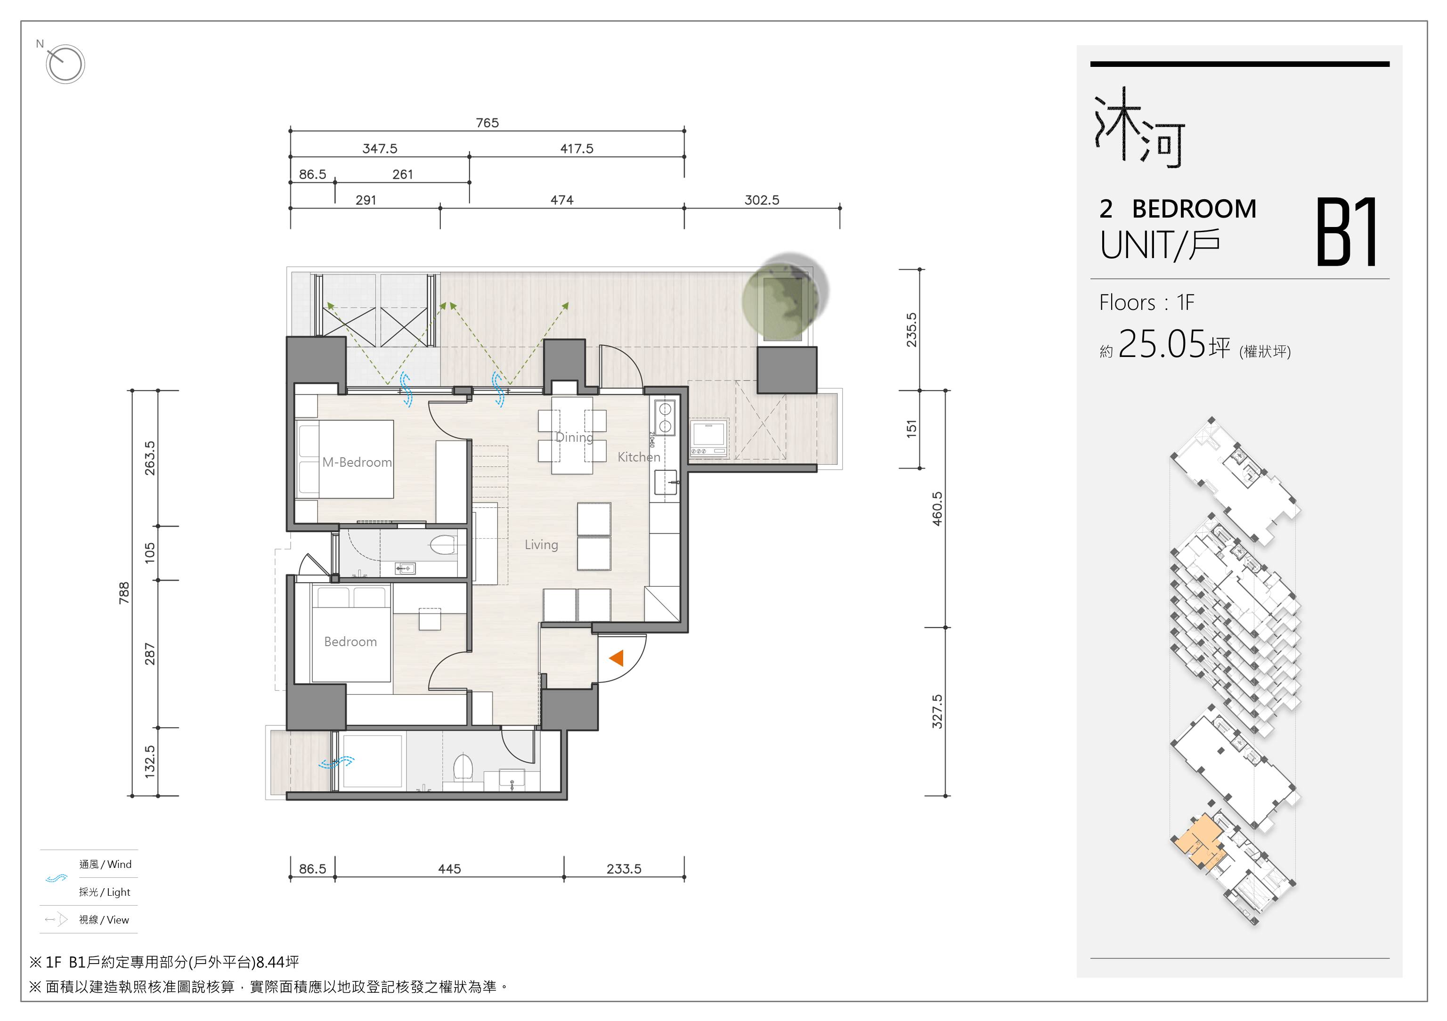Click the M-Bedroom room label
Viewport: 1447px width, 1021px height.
357,462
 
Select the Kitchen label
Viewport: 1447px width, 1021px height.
639,457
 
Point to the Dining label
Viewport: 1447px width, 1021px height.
574,438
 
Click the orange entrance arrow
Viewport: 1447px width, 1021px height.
617,658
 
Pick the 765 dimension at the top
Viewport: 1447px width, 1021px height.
487,122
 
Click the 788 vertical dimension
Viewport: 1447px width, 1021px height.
124,593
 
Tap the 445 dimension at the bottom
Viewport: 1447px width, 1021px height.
449,868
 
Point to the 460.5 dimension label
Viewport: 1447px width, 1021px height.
937,509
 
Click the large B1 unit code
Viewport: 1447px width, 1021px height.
1346,233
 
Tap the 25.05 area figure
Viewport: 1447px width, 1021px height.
1162,344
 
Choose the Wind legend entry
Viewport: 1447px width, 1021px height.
105,864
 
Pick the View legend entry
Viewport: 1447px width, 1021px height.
104,920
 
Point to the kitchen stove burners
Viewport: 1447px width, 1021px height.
665,417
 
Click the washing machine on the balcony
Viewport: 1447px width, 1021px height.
709,438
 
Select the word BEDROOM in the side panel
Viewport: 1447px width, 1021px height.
1194,209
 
